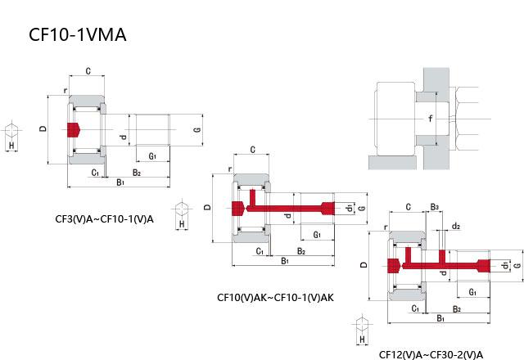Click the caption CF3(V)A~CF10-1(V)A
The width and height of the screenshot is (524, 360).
[104, 218]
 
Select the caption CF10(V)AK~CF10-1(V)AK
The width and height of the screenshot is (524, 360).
[275, 298]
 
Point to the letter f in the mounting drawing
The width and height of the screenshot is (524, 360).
[431, 119]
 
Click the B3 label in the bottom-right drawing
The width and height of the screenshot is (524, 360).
[435, 207]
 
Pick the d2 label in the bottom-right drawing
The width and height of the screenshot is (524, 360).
[456, 226]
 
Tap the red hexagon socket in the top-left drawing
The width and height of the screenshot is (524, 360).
[75, 129]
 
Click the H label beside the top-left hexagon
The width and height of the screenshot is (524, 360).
[11, 145]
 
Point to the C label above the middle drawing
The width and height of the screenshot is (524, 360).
[253, 150]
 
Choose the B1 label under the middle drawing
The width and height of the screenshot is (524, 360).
[285, 260]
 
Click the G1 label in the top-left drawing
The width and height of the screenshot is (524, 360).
[153, 155]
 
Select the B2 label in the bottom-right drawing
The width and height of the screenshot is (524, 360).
[457, 308]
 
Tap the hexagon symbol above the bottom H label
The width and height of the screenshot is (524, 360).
[361, 322]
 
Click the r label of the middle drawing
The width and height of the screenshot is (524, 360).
[231, 170]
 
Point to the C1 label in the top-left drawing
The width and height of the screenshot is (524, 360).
[96, 173]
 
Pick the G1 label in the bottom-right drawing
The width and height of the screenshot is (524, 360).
[472, 292]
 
